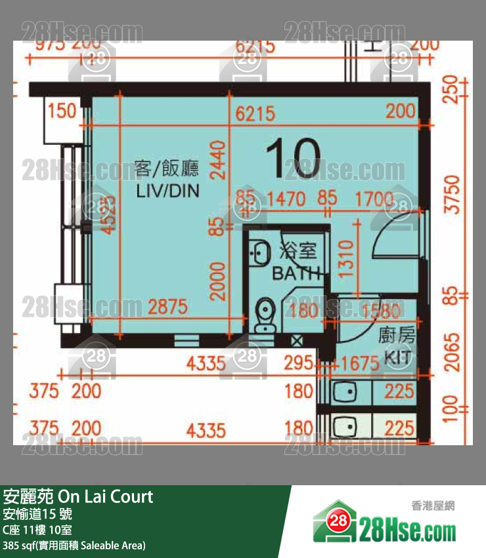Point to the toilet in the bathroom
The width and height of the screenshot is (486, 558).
(x=265, y=313)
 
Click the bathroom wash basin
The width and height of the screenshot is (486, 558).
(x=261, y=250)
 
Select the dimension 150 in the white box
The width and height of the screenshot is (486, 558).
(x=63, y=111)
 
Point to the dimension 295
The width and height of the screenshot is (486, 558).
(x=299, y=363)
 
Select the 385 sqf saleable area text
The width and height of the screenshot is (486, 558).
(x=74, y=545)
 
